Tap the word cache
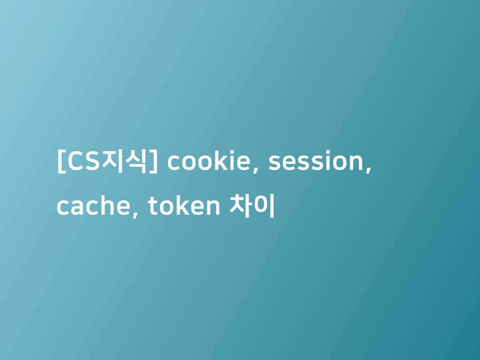pos(94,206)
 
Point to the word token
pos(184,206)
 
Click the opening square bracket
pos(61,162)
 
